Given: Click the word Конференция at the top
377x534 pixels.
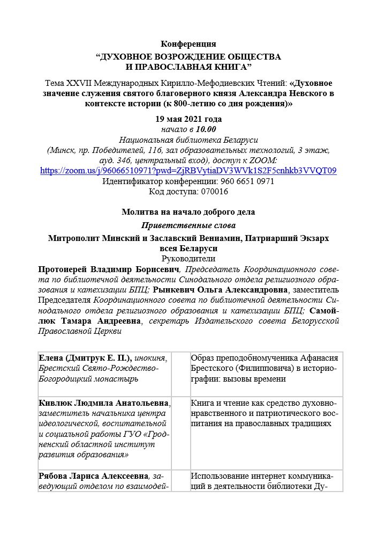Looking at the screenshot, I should pos(188,43).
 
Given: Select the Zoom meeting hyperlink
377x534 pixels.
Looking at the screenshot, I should pos(188,171).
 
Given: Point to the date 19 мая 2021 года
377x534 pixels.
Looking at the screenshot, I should pos(188,119).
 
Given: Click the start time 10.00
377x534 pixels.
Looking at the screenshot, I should pos(206,129).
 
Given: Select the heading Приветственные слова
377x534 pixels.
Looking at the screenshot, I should pos(188,225).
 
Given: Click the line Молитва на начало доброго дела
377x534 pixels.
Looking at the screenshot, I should pos(188,212).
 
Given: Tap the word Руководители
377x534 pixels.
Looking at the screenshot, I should pos(188,258).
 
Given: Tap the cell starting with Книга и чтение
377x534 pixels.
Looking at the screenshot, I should pos(266,413).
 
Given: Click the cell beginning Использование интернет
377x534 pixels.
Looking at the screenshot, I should pos(266,481).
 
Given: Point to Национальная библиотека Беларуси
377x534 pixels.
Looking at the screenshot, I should pos(188,140).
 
